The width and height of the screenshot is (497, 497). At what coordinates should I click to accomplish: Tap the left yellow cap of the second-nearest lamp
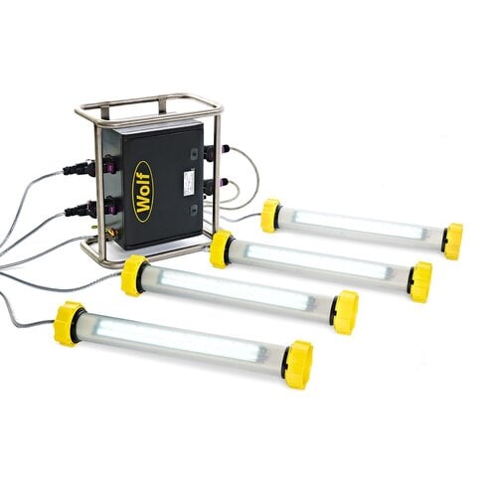point(134,274)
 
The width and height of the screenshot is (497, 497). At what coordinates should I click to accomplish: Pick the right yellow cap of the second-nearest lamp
point(345,310)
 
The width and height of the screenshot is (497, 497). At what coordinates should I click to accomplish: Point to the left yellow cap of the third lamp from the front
point(221,248)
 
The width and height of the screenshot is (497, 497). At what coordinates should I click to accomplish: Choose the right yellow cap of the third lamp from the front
point(420,281)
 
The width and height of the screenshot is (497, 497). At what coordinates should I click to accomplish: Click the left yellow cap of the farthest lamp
point(270,215)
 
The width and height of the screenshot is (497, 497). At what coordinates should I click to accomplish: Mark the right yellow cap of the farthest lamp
point(452,241)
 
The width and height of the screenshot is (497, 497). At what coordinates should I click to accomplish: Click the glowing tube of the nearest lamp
point(184,344)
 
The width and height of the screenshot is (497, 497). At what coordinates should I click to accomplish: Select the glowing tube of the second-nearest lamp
point(239,292)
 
